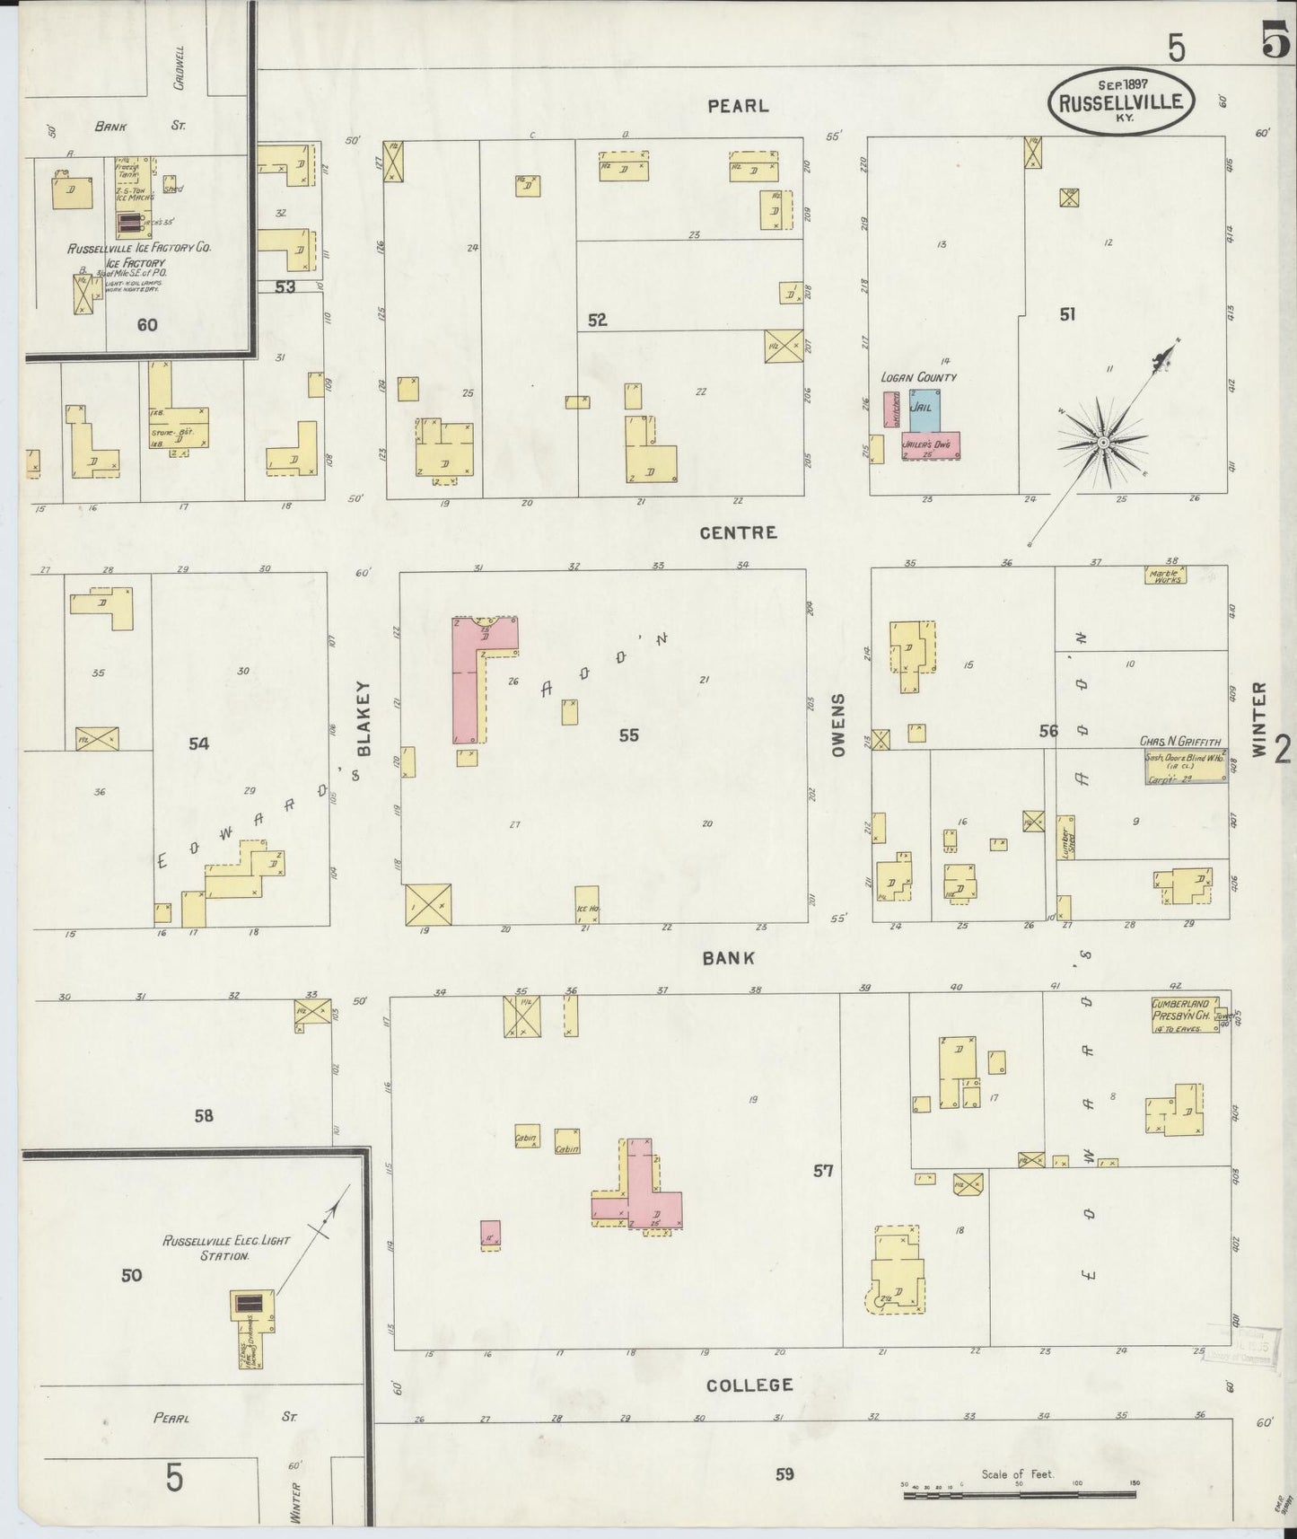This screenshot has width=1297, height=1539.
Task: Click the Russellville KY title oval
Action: pos(1121,101)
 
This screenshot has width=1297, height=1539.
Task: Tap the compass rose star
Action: pos(1102,442)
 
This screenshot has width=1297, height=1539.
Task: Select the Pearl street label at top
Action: pos(738,106)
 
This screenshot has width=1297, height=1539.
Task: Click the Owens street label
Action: pos(839,725)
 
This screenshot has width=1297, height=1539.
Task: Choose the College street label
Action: pos(749,1385)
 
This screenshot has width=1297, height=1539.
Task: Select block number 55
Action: pos(628,735)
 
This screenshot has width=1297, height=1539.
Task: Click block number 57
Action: pos(823,1171)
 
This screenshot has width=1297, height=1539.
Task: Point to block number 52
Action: pos(598,320)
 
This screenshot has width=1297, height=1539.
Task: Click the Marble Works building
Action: pos(1165,576)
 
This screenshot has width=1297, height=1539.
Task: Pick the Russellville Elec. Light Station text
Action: pos(226,1247)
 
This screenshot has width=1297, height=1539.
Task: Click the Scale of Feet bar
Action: pos(1020,1494)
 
